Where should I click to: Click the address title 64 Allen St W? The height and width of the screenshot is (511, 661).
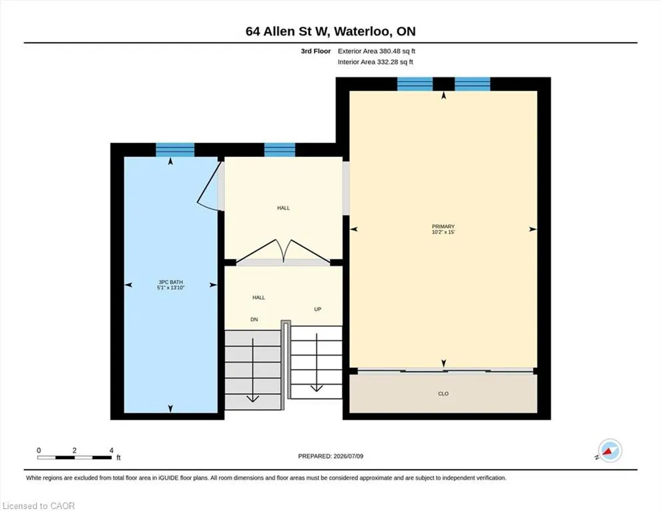click(x=289, y=31)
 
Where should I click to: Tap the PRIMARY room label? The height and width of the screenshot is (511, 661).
click(x=443, y=226)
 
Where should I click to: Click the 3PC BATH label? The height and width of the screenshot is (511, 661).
click(x=170, y=282)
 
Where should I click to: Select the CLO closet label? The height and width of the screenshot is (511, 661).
click(x=443, y=393)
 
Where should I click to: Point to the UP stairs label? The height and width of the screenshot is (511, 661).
click(x=318, y=309)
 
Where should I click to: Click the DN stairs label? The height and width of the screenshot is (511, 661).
click(x=254, y=319)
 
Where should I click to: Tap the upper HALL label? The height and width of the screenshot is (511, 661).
click(x=284, y=208)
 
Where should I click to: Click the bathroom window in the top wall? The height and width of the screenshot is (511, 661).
click(x=175, y=150)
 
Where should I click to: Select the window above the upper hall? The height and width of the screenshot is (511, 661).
click(x=280, y=150)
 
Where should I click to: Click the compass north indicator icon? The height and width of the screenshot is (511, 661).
click(x=610, y=450)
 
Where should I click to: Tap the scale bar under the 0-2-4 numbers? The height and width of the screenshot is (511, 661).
click(x=75, y=458)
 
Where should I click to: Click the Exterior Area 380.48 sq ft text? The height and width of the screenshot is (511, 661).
click(x=377, y=51)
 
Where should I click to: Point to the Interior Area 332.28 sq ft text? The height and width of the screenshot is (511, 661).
click(x=375, y=62)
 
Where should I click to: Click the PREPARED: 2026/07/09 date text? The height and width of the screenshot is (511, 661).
click(x=330, y=456)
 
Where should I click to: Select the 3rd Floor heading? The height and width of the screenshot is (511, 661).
click(x=316, y=51)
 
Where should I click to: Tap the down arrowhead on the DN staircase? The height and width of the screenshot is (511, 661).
click(x=252, y=399)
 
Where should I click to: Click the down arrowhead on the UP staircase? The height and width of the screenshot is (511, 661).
click(x=317, y=388)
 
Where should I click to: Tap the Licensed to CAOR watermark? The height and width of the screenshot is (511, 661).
click(x=39, y=506)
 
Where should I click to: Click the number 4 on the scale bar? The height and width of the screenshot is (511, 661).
click(x=111, y=450)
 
